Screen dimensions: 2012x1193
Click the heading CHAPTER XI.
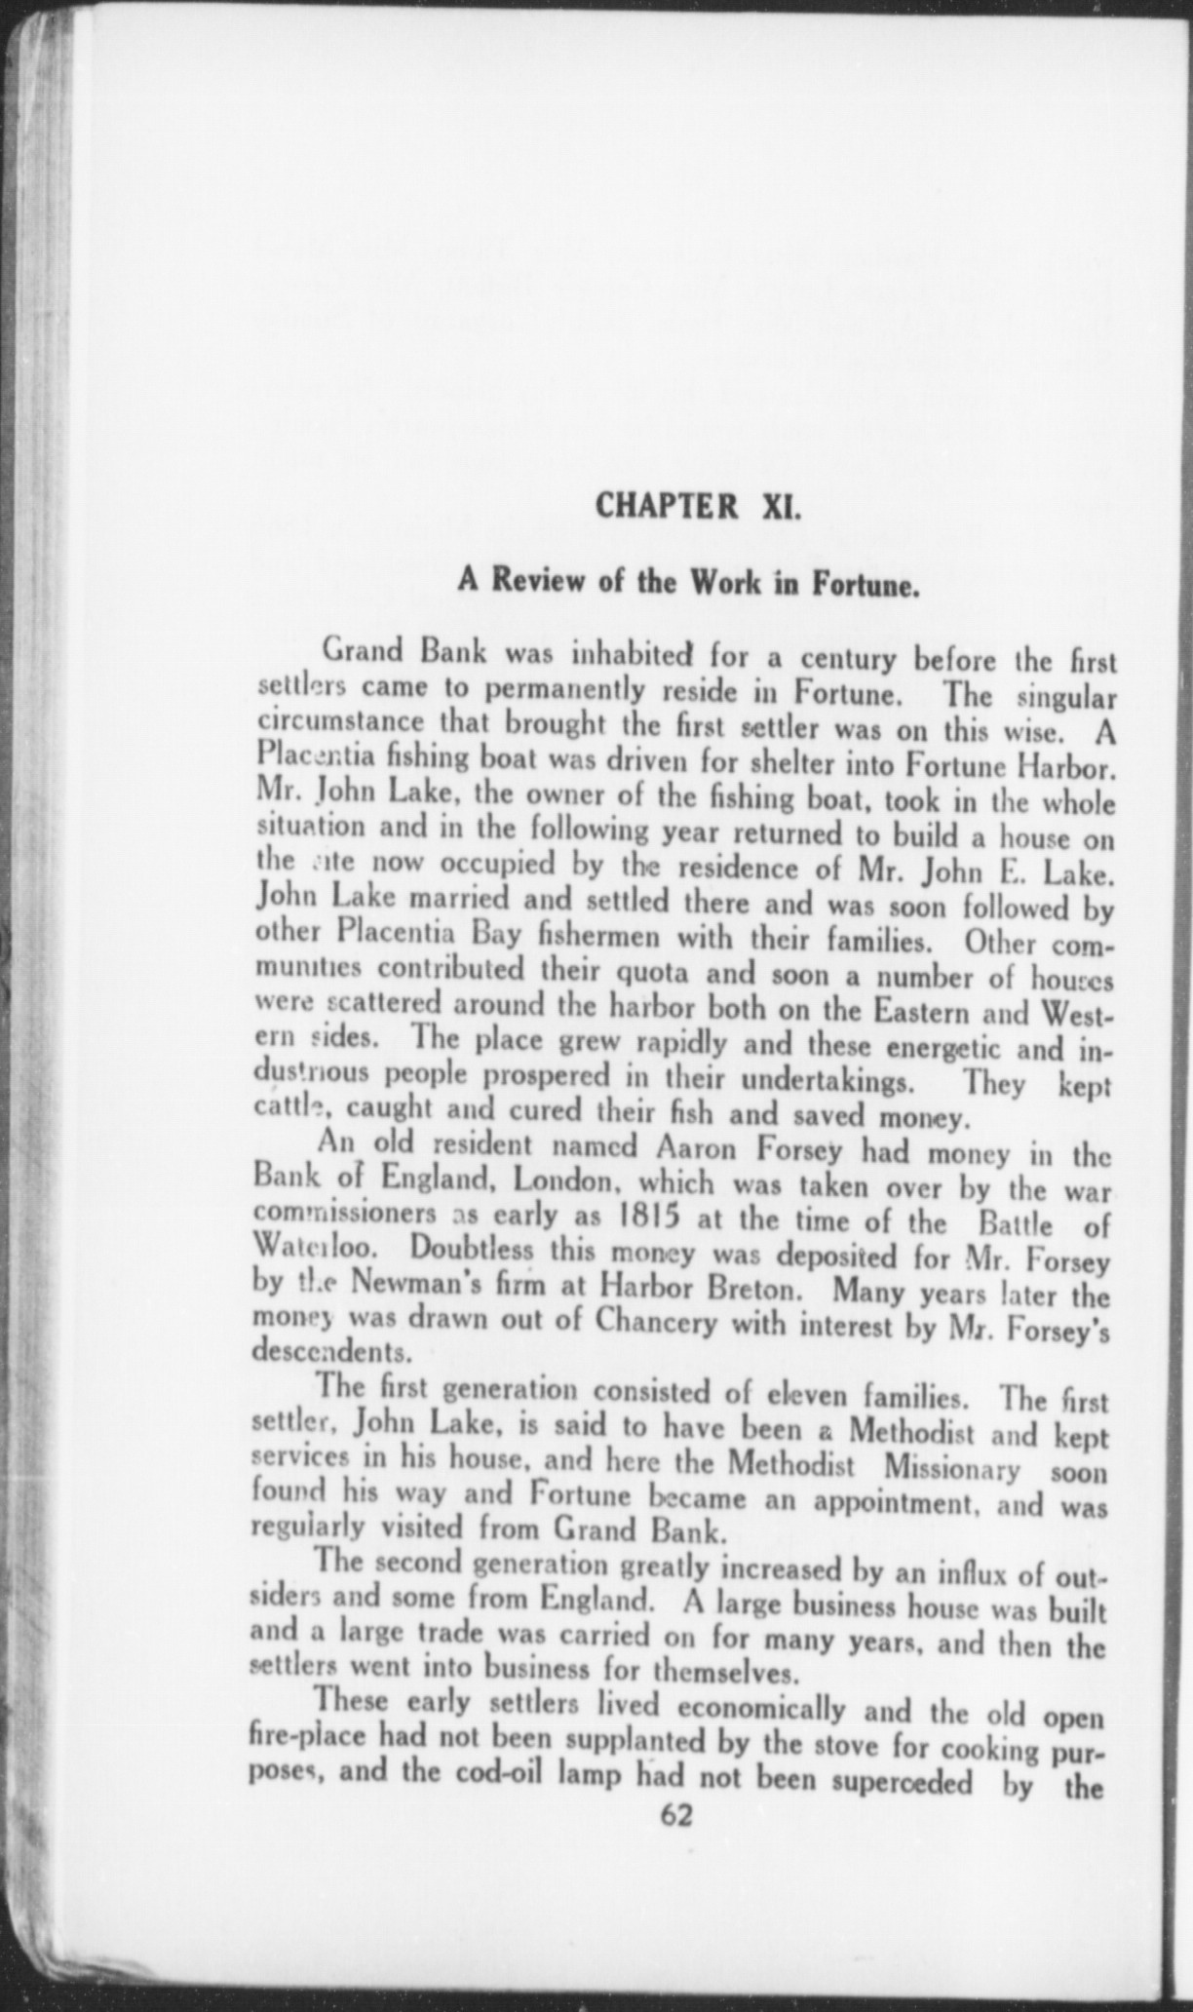click(x=697, y=506)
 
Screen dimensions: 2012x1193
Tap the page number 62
click(x=675, y=1815)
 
